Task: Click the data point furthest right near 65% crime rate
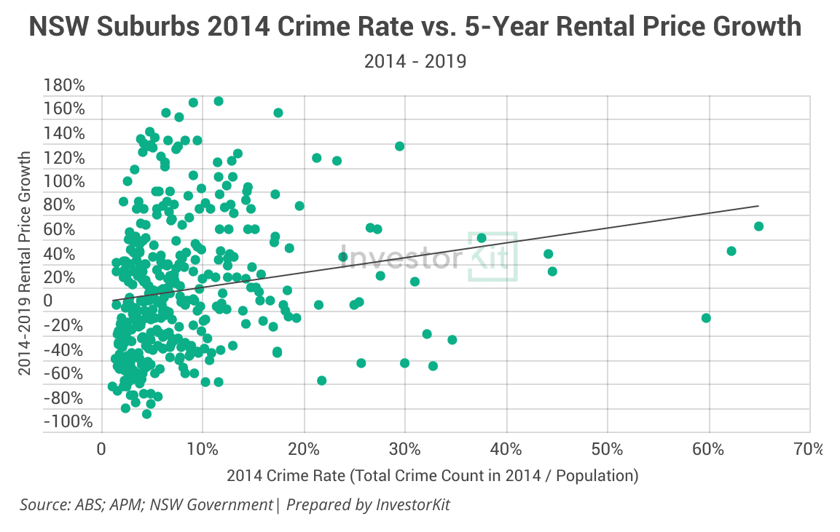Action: [758, 226]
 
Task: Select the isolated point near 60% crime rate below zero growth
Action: [705, 318]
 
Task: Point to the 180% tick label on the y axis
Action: [64, 86]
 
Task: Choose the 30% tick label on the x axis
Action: [405, 448]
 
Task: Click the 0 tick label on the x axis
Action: [102, 448]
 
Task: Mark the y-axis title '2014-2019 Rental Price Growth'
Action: [26, 263]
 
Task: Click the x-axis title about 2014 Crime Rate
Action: [432, 476]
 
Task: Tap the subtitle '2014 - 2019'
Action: [415, 61]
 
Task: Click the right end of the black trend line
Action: [759, 206]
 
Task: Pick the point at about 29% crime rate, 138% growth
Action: [399, 146]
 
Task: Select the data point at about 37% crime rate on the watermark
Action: [481, 238]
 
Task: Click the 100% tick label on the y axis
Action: [64, 182]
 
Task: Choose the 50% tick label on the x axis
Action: [607, 448]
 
